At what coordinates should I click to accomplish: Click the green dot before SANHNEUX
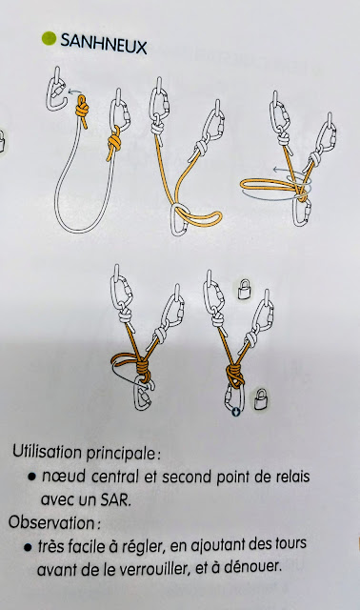coord(49,38)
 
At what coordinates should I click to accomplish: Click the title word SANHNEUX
coord(104,44)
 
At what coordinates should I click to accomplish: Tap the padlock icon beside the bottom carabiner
coord(261,398)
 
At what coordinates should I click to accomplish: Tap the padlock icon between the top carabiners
coord(244,289)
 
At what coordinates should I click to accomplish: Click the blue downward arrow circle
coord(235,411)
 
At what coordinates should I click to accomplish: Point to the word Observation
coord(52,522)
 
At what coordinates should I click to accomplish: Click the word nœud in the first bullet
coord(64,477)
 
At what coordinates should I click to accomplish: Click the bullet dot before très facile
coord(28,547)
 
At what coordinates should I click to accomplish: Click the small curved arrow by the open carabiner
coord(72,91)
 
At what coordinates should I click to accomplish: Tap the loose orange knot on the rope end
coord(82,109)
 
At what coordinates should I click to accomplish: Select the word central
coord(113,477)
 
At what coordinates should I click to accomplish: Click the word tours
coord(288,542)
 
